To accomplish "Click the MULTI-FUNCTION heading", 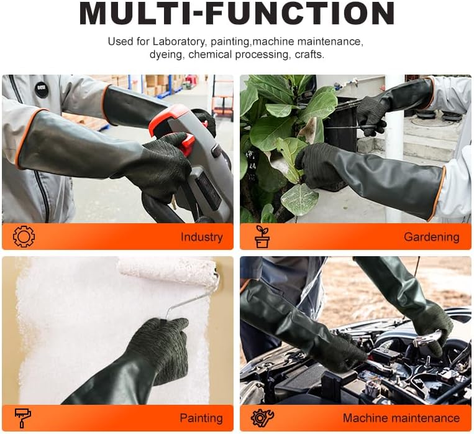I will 237,14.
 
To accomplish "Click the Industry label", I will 201,237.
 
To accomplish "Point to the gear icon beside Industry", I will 24,236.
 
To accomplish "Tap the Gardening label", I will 431,237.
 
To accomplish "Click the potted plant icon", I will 262,236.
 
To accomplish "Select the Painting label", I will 201,418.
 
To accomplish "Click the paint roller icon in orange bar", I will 24,418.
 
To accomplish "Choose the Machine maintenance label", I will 401,418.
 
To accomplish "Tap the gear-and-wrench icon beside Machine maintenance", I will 262,418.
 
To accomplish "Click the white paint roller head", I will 168,271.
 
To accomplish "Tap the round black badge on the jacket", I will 41,90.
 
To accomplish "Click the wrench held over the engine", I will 429,338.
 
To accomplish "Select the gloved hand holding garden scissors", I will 371,114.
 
